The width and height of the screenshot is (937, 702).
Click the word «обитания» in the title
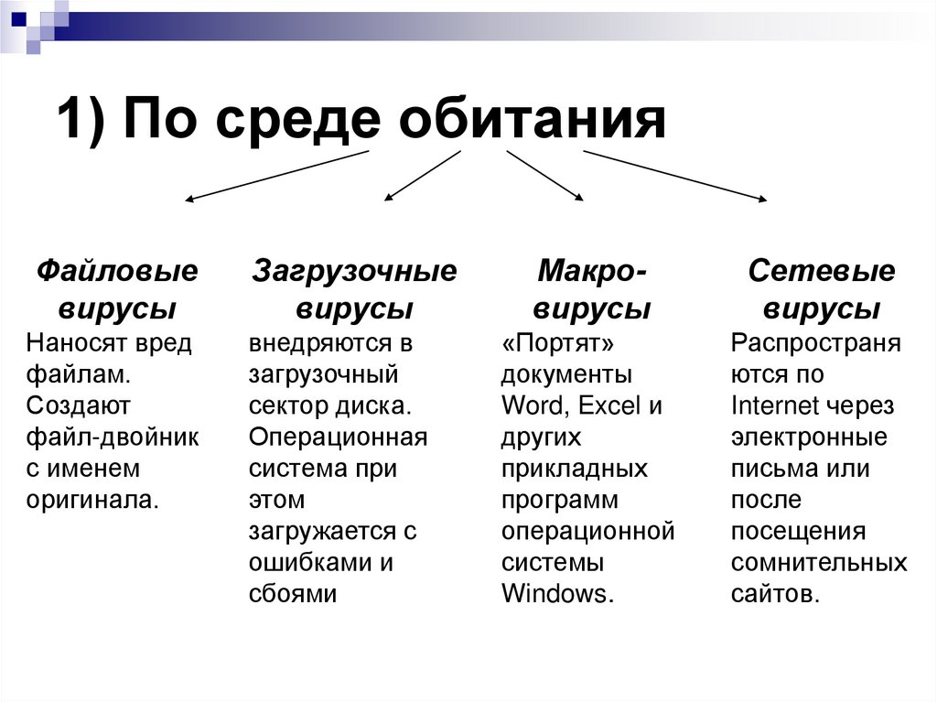(532, 120)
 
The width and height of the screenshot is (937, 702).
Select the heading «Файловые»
(117, 271)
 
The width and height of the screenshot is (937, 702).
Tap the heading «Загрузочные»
(354, 271)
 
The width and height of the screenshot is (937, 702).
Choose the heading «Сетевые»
(821, 271)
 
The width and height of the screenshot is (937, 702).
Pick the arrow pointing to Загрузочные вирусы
(422, 175)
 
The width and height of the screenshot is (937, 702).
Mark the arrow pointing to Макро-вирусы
(544, 175)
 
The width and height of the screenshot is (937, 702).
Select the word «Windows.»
(557, 592)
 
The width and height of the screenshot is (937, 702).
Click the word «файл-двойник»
(113, 437)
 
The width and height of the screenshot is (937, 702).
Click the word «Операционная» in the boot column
(338, 437)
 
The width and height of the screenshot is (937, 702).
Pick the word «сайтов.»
(775, 592)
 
